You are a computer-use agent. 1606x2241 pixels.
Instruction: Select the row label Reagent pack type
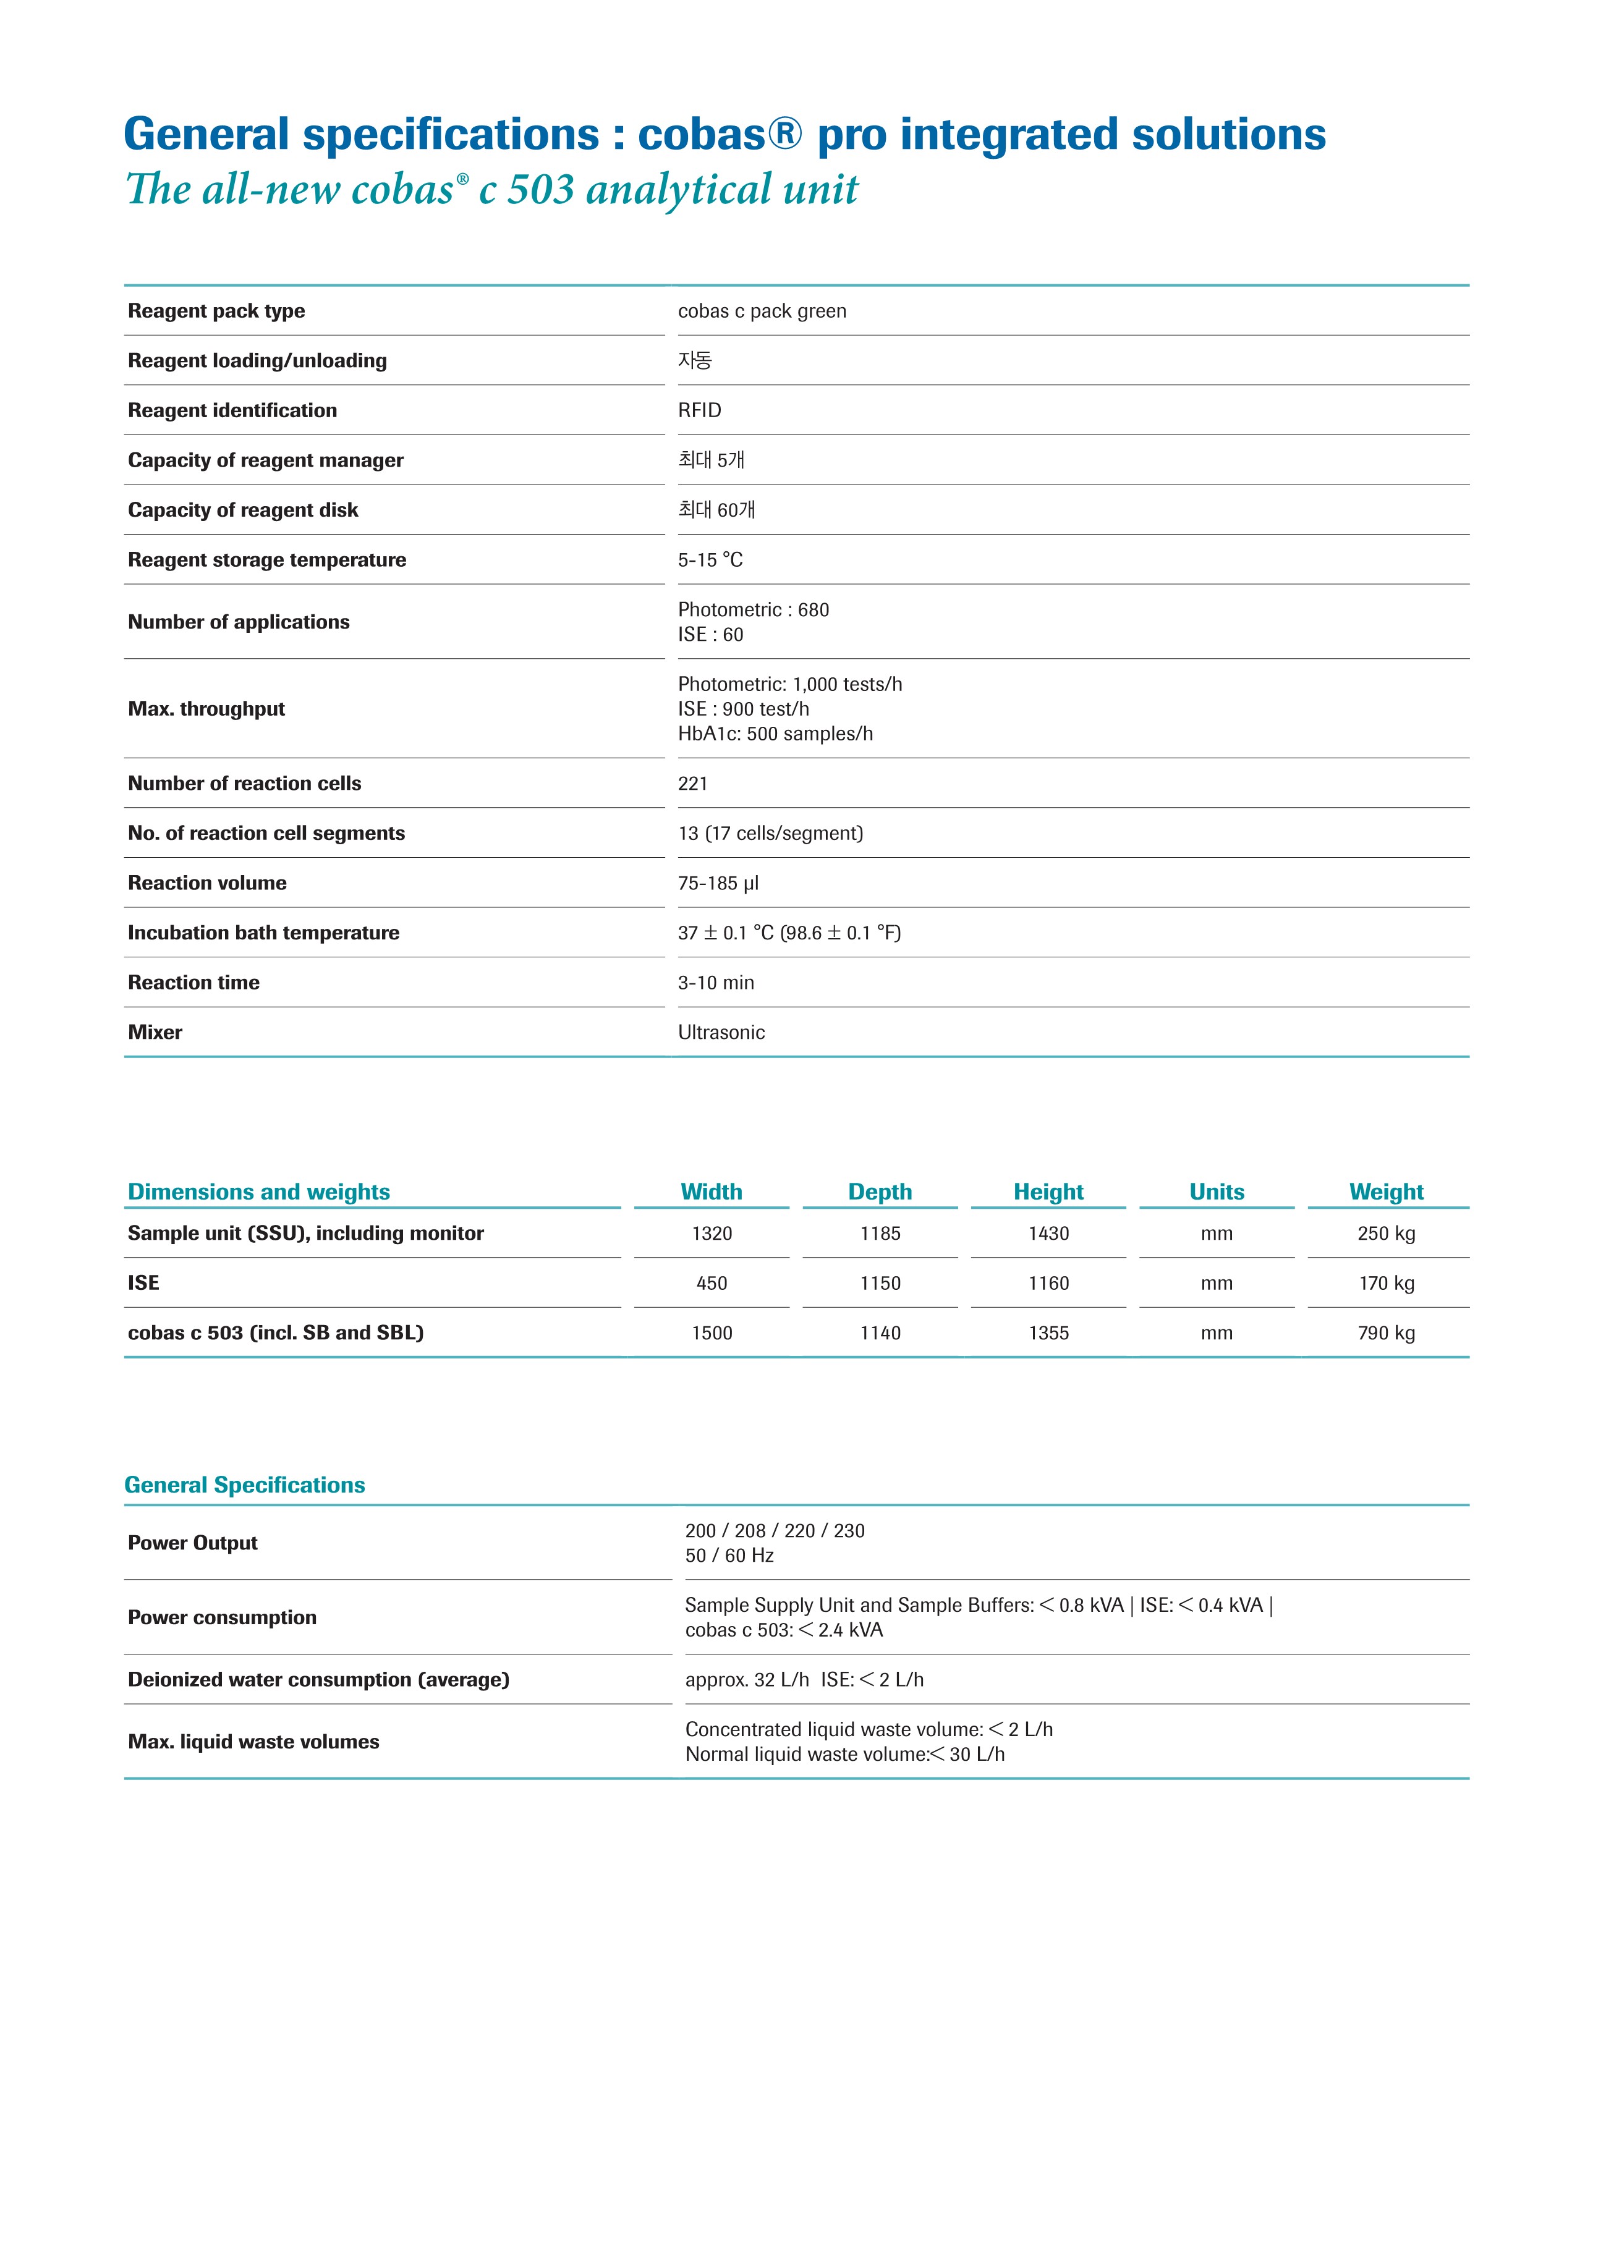tap(216, 311)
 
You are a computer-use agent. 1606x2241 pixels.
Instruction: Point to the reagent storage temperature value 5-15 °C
tap(710, 559)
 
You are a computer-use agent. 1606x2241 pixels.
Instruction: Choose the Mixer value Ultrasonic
tap(721, 1033)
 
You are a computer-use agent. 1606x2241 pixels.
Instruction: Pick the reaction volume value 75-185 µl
tap(718, 883)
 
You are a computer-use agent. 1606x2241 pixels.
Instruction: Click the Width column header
tap(711, 1192)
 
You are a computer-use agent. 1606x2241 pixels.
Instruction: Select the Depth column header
tap(880, 1192)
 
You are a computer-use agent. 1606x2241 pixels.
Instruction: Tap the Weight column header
tap(1385, 1192)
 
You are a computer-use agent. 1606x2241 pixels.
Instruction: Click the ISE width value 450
tap(711, 1284)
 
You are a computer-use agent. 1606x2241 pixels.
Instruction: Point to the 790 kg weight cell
tap(1385, 1333)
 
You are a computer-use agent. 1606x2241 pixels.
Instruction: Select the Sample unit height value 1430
tap(1048, 1233)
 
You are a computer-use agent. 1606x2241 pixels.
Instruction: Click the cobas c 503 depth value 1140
tap(880, 1333)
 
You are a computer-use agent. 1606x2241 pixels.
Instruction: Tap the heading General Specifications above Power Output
tap(244, 1485)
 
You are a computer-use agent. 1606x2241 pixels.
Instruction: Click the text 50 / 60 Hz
tap(728, 1555)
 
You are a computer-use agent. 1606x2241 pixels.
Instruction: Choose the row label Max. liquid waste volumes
tap(253, 1742)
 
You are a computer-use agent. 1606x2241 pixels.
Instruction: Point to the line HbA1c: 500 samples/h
tap(775, 734)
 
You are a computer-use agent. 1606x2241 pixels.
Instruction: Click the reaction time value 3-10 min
tap(716, 983)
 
